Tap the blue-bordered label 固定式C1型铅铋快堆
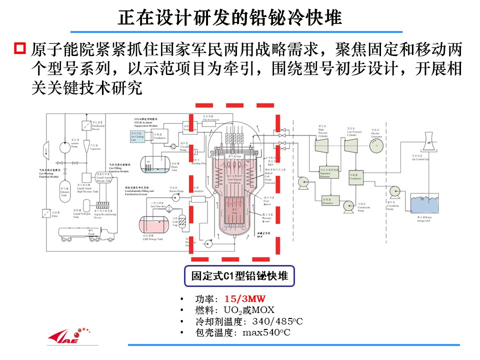pos(239,275)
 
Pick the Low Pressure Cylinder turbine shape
pos(350,145)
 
